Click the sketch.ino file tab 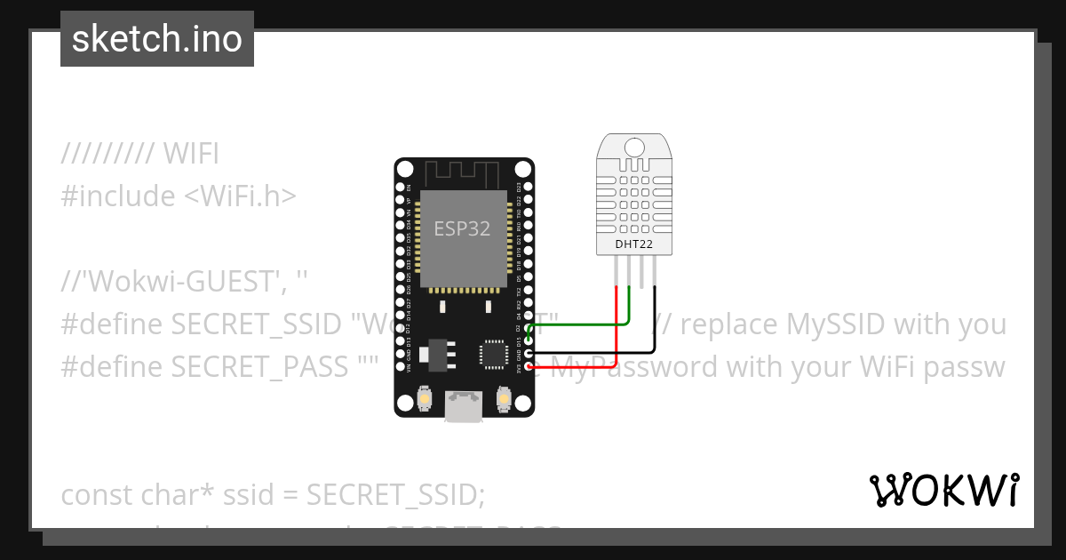pyautogui.click(x=157, y=39)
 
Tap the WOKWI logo pyautogui.click(x=944, y=491)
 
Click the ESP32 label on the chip pyautogui.click(x=462, y=228)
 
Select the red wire pyautogui.click(x=617, y=329)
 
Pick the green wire pyautogui.click(x=630, y=311)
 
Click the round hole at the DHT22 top pyautogui.click(x=635, y=147)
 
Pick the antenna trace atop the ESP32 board pyautogui.click(x=465, y=172)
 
